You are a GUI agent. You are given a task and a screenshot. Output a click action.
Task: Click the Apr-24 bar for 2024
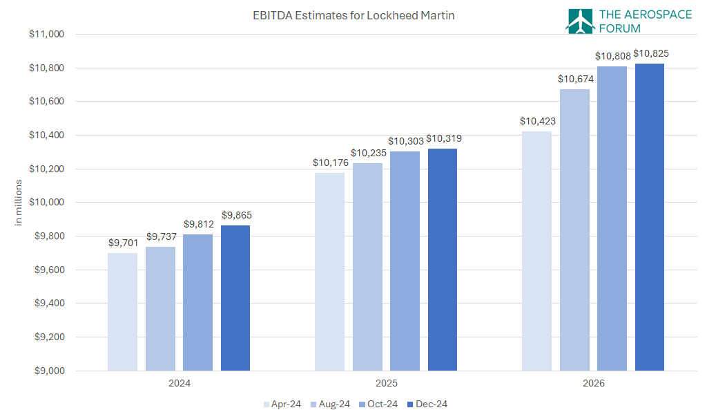(x=122, y=312)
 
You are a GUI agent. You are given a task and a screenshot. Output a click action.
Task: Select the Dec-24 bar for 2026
(x=650, y=217)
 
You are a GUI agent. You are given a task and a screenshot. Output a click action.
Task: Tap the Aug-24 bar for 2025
(x=367, y=267)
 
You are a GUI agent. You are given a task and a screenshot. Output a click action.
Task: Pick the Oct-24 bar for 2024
(x=197, y=302)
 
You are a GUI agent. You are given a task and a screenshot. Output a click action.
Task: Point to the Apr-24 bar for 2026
(x=536, y=251)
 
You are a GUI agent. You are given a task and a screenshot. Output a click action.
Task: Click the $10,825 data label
(x=650, y=53)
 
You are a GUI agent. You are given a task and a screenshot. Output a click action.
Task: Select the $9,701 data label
(x=123, y=243)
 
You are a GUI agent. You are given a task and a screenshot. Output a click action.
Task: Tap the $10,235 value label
(x=367, y=153)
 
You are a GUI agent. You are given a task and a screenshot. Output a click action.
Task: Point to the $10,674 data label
(x=575, y=79)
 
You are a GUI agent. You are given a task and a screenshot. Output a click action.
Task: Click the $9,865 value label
(x=236, y=215)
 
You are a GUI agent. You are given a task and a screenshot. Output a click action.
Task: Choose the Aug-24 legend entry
(x=329, y=404)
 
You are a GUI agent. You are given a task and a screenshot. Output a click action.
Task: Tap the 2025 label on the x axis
(x=386, y=382)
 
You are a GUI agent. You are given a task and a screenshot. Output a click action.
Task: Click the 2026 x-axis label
(x=593, y=382)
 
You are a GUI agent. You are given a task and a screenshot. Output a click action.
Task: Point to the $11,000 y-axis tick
(x=46, y=34)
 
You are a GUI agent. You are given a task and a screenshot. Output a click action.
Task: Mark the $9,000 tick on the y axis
(x=48, y=371)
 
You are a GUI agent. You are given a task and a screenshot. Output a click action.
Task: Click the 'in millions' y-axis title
(x=19, y=202)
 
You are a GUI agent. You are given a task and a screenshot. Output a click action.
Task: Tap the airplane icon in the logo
(x=579, y=21)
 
